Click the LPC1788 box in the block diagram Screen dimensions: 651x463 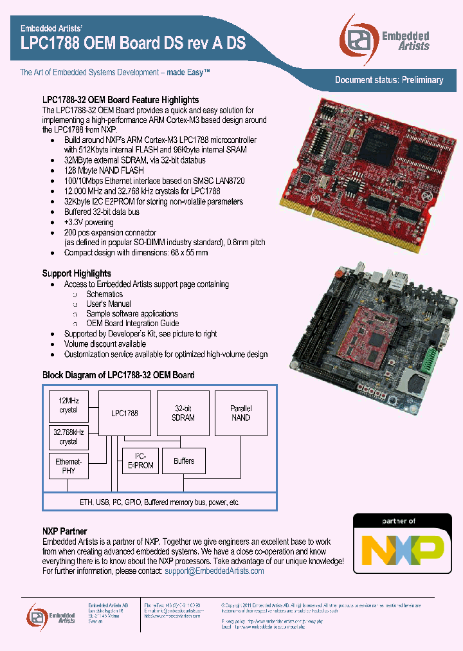tap(124, 413)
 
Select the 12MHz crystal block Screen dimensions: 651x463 tap(68, 405)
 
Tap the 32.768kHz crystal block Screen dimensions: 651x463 tap(68, 437)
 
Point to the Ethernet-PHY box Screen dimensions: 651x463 tap(68, 466)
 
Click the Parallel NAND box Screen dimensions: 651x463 tap(241, 413)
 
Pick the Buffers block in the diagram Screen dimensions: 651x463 tap(183, 461)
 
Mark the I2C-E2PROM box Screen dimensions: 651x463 tap(140, 461)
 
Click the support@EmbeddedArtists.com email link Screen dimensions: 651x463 tap(214, 571)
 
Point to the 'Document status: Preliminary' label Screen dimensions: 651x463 tap(389, 80)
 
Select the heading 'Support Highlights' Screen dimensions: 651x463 tap(77, 273)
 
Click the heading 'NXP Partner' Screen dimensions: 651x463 tap(64, 532)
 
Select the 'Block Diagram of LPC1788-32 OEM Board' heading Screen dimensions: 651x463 tap(118, 375)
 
